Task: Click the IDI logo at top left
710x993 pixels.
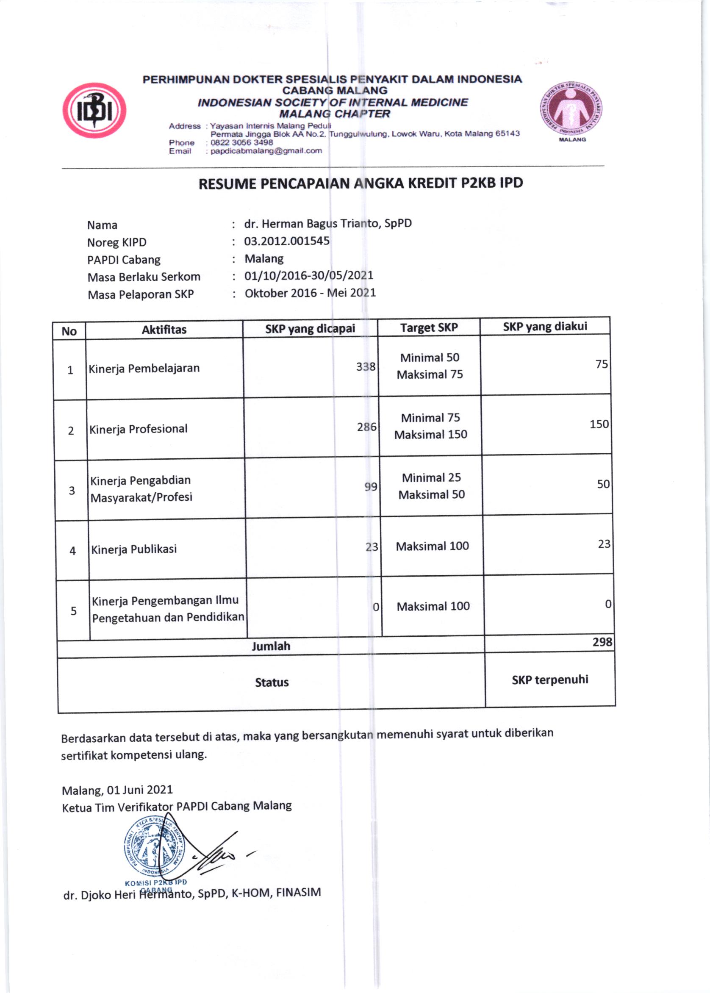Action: coord(94,110)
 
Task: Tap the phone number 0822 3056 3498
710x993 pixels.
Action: coord(241,142)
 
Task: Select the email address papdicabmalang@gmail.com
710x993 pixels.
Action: coord(266,151)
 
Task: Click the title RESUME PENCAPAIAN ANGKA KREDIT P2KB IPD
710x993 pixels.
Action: coord(361,183)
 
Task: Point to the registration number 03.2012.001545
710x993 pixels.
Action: coord(287,241)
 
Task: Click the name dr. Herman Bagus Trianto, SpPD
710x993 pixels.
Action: coord(328,223)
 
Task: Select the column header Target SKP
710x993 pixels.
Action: coord(428,327)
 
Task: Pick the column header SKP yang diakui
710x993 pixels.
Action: coord(545,326)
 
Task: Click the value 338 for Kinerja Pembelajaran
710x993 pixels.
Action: coord(366,366)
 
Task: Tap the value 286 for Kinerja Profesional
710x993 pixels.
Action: coord(366,427)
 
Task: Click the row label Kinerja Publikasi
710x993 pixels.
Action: coord(134,549)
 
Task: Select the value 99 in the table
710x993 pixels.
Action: coord(370,487)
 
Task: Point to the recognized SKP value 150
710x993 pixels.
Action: coord(599,424)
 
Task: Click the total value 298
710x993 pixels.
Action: coord(602,642)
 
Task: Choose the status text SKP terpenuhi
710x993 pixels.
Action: coord(549,680)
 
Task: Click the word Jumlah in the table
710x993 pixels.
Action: coord(271,646)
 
